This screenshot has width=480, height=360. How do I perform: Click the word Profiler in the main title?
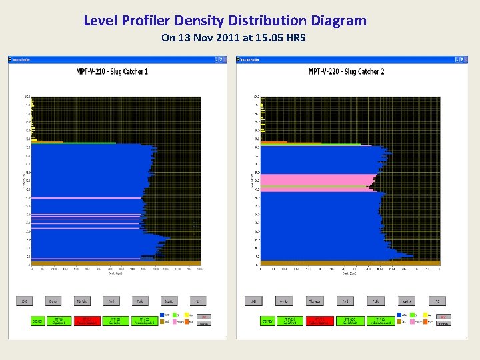point(147,21)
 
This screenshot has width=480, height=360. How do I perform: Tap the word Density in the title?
point(199,21)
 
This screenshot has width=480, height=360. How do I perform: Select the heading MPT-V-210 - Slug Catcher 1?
point(113,71)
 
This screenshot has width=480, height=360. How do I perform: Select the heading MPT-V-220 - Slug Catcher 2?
point(346,71)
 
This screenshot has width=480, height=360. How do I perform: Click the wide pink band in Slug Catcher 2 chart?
point(313,179)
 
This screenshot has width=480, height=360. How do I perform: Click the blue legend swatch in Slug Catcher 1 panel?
point(162,315)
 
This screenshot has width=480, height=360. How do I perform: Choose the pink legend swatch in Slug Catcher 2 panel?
point(412,321)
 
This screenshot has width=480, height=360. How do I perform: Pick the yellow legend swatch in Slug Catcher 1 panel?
point(186,315)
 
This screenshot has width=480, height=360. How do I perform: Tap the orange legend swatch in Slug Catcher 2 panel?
point(425,321)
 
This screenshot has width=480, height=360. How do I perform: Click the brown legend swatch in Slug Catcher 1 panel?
point(162,321)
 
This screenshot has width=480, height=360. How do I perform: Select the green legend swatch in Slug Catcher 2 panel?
point(412,315)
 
